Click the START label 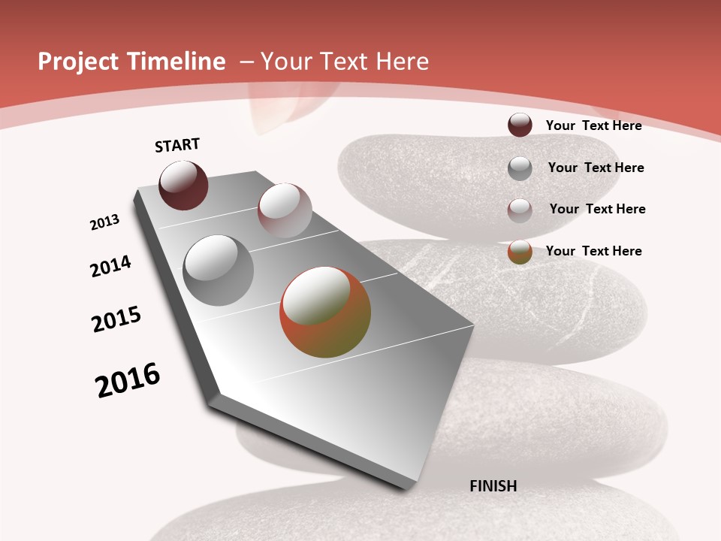[x=177, y=145]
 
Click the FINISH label [x=493, y=486]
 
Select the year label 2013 [x=104, y=222]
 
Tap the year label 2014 [x=110, y=266]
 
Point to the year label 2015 [x=116, y=319]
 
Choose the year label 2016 [x=128, y=380]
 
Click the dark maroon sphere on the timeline [x=183, y=185]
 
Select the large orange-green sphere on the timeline [x=325, y=312]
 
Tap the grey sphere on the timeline [x=218, y=270]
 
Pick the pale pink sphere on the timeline [x=285, y=210]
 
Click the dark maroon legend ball [x=520, y=125]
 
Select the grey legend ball [x=520, y=168]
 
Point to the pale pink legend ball [x=520, y=210]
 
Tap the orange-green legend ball [x=520, y=252]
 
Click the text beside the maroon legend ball [x=593, y=125]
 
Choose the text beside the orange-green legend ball [x=593, y=251]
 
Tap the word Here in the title [x=402, y=62]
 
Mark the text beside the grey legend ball [x=596, y=168]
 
